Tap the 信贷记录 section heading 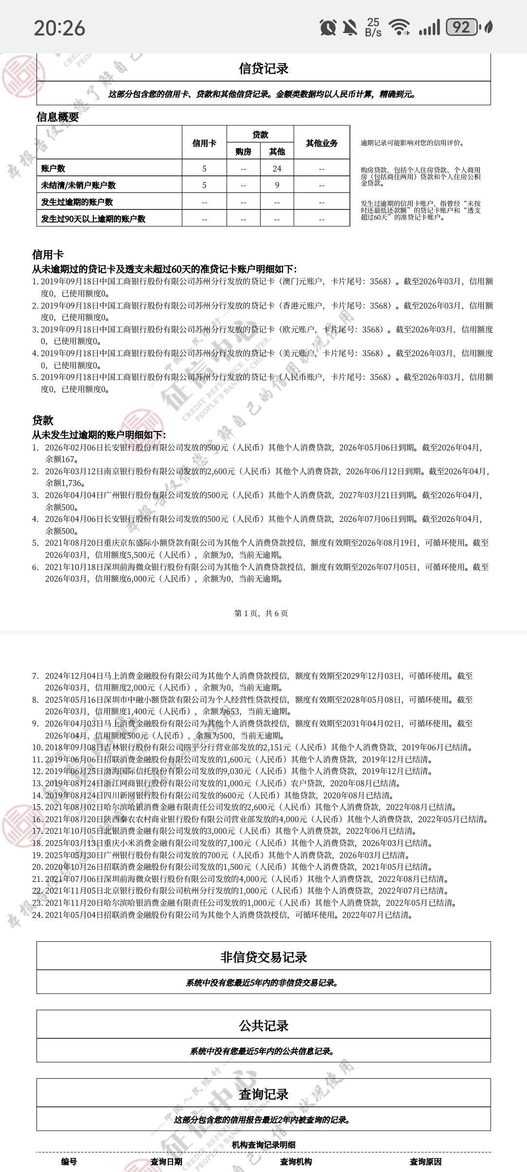263,69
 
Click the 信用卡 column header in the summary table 204,143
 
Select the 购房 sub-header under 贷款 243,152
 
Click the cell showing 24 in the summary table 277,169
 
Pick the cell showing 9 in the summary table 277,185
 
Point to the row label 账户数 53,169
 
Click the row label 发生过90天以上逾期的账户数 93,219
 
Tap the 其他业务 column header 321,143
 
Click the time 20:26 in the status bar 59,28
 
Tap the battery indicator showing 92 462,27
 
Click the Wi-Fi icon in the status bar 400,27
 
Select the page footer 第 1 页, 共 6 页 261,613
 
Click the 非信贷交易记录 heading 263,957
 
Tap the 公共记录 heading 263,1026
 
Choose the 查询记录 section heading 263,1094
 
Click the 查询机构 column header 296,1162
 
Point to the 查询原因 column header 425,1162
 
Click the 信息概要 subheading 57,117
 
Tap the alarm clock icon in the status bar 328,27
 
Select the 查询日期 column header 166,1162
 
